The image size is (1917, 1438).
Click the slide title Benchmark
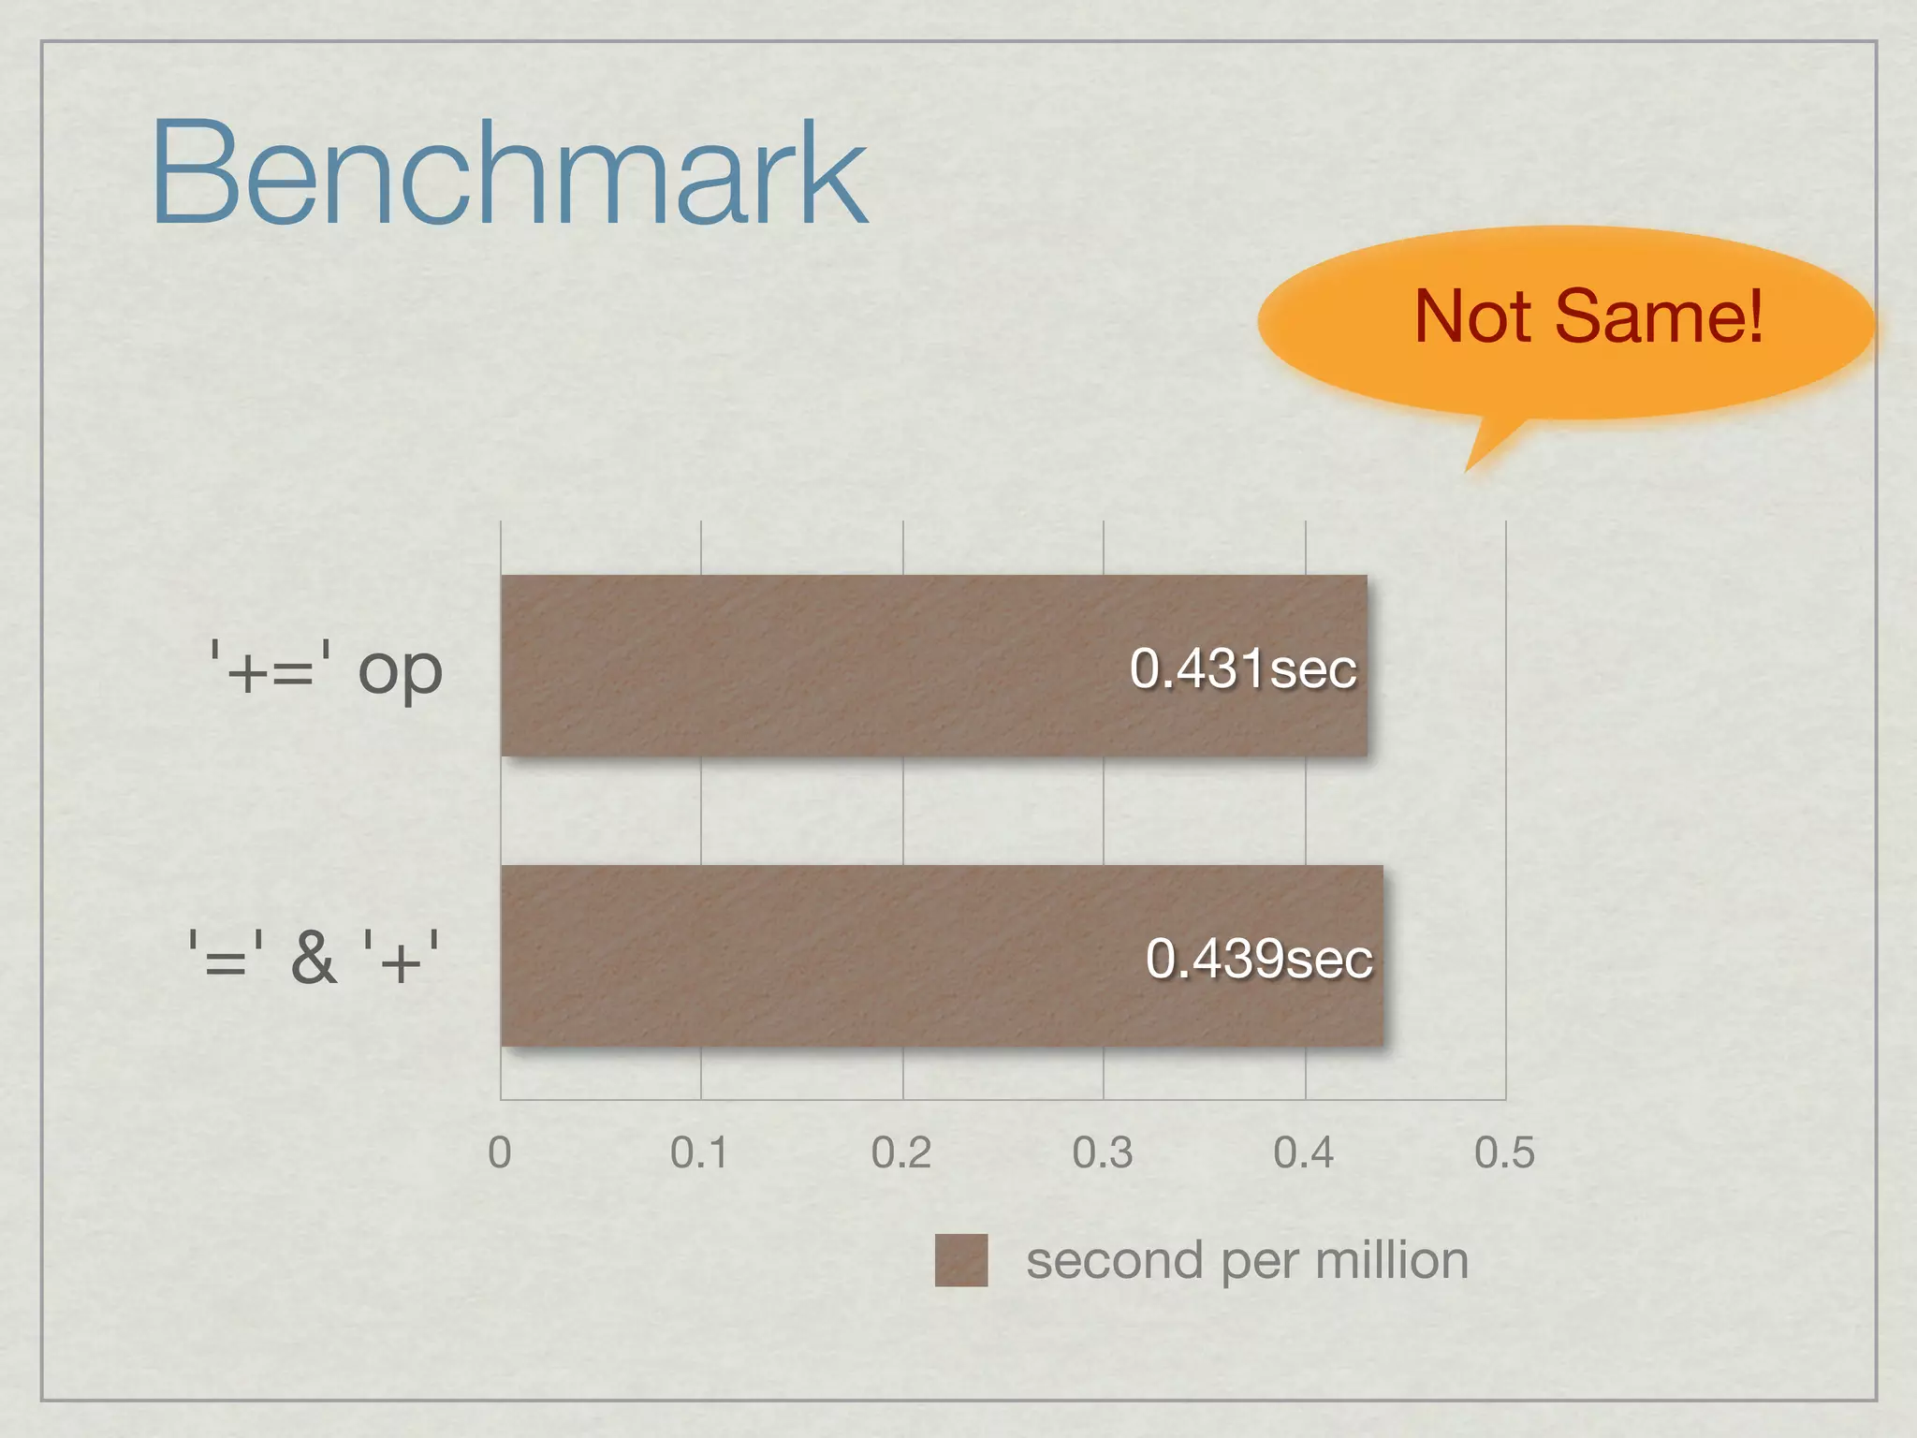[x=509, y=172]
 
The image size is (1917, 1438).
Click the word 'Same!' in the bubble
[x=1659, y=316]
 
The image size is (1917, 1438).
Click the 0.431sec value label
[x=1243, y=668]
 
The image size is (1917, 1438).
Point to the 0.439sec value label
[x=1259, y=959]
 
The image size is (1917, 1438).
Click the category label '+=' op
[x=325, y=668]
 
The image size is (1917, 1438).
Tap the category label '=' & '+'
[x=314, y=958]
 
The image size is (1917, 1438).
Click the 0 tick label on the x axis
[x=500, y=1152]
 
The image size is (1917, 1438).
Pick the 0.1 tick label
[x=699, y=1152]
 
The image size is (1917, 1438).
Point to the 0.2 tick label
[x=901, y=1152]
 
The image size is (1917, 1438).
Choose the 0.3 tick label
[x=1103, y=1152]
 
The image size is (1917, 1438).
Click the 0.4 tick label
[x=1304, y=1152]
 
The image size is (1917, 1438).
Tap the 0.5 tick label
[x=1504, y=1152]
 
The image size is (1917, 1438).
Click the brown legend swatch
[x=961, y=1260]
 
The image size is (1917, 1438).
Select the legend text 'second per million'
[x=1247, y=1261]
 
